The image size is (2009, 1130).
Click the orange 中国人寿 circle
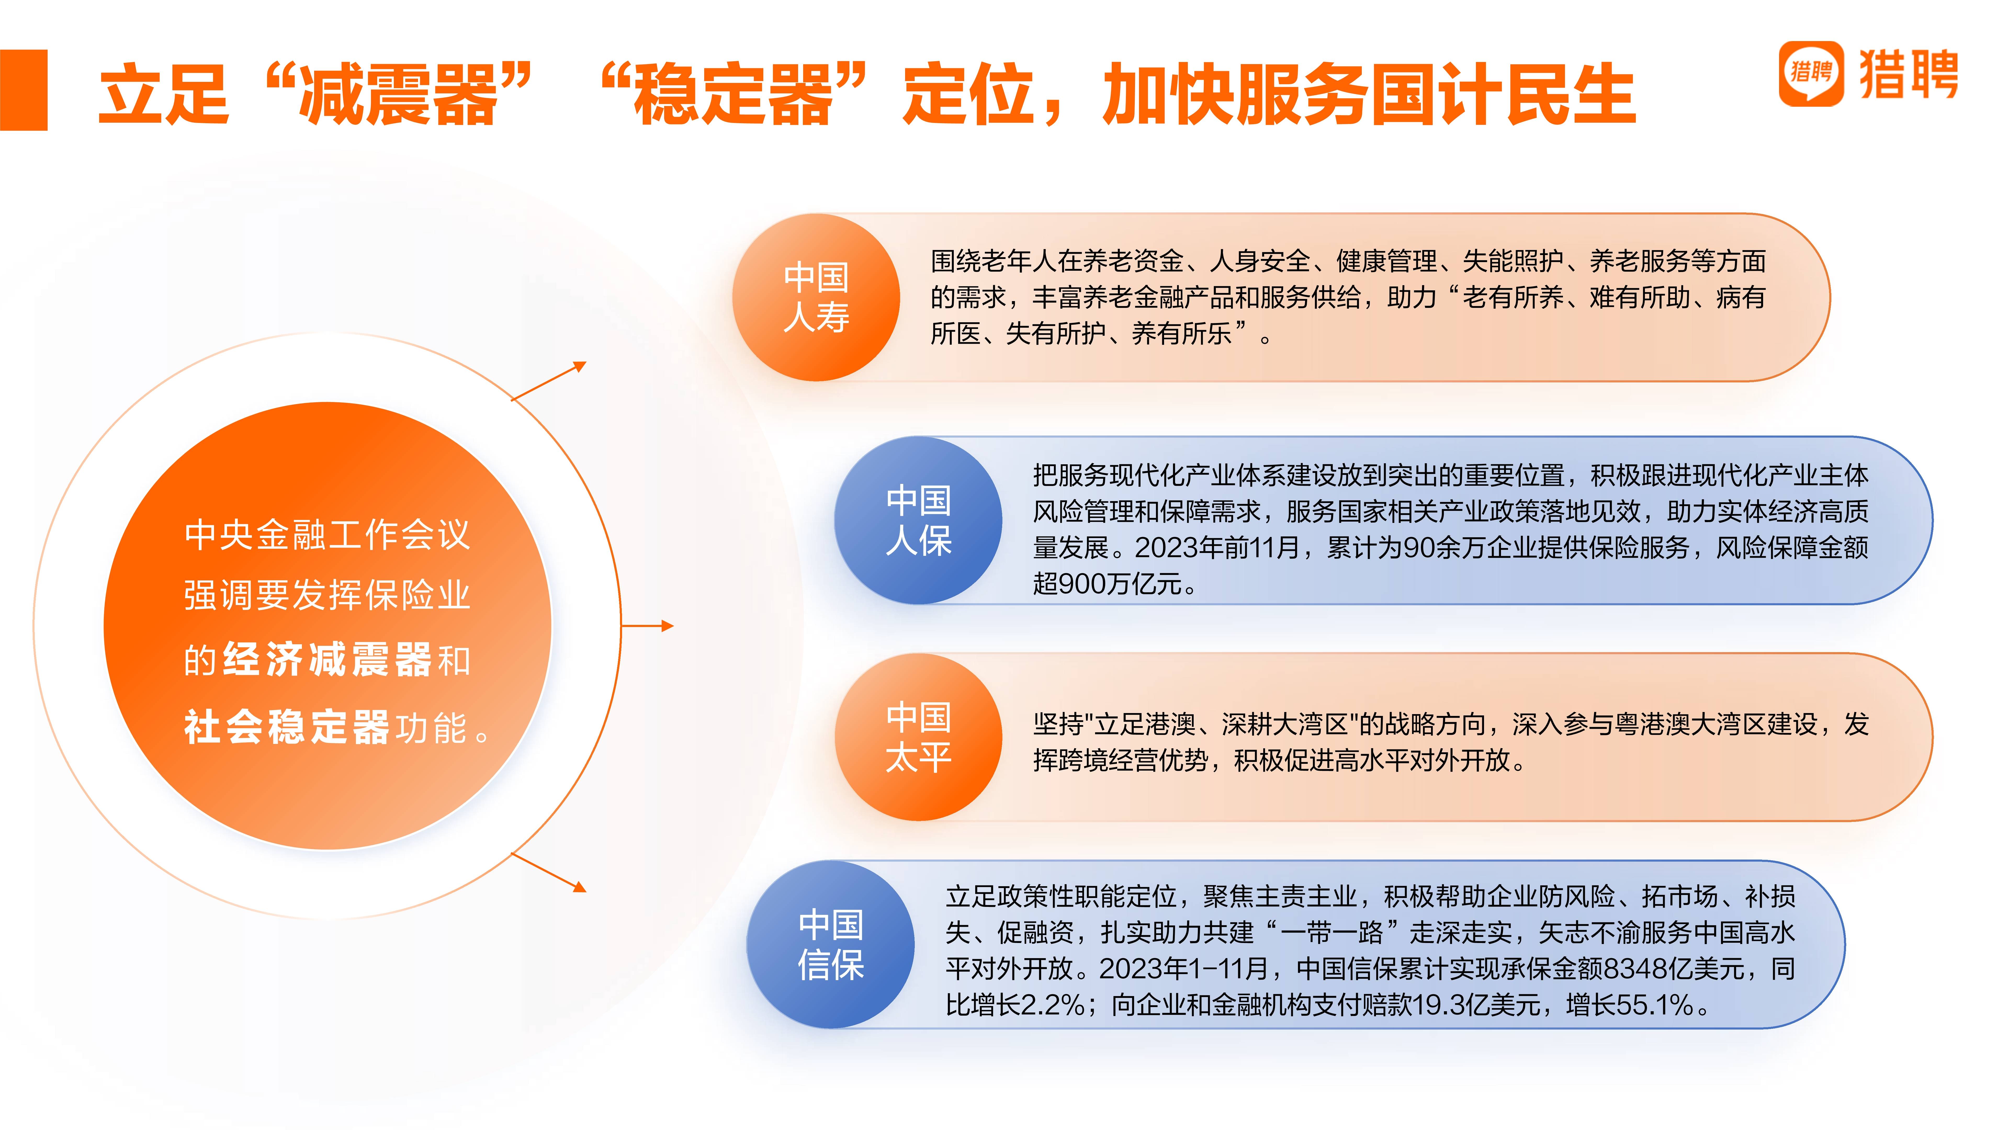816,297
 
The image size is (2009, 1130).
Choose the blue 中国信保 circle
831,944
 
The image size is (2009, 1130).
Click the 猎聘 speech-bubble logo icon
1811,73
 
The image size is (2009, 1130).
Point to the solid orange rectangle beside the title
23,90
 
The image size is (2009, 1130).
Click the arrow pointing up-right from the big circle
548,381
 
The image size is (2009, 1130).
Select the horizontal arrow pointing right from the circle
647,625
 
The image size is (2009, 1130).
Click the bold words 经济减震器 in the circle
328,660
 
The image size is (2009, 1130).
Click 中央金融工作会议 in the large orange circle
328,535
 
